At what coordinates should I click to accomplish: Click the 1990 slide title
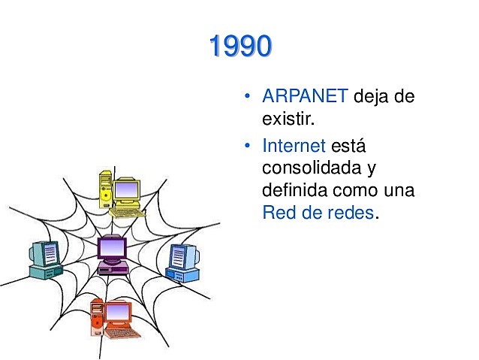239,47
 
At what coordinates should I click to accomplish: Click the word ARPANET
305,97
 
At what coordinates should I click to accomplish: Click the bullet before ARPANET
246,98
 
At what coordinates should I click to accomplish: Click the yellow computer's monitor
127,190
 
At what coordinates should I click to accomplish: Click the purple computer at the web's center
113,253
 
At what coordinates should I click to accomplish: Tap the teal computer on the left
44,259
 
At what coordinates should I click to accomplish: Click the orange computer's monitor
117,312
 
